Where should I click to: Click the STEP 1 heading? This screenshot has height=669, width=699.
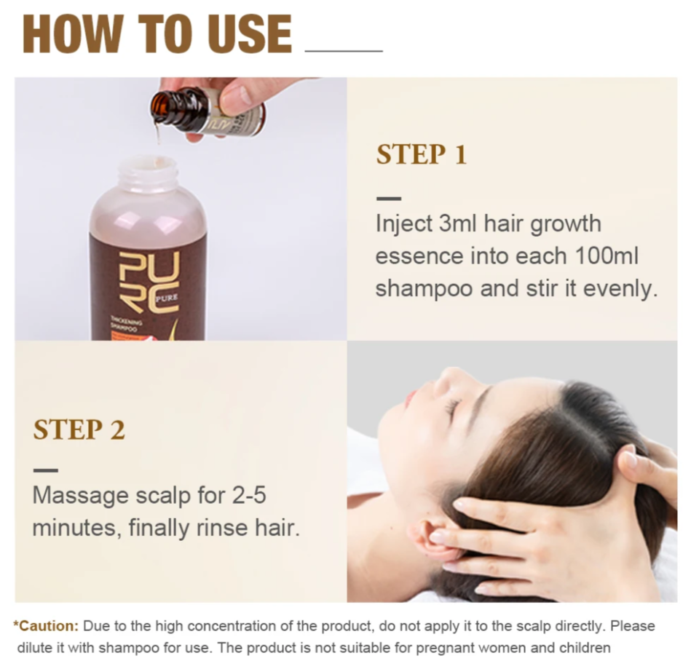coord(422,154)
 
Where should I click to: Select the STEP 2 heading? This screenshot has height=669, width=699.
coord(79,429)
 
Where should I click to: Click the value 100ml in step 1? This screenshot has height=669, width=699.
coord(607,256)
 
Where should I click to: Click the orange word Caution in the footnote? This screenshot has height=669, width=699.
coord(48,626)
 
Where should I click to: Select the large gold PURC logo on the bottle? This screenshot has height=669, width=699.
coord(149,283)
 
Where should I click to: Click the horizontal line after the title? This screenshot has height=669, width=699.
coord(344,51)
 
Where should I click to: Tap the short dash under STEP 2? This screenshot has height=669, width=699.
coord(46,470)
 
